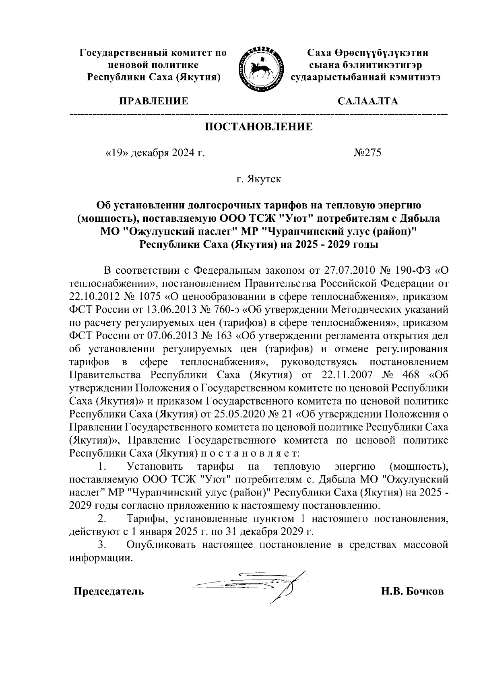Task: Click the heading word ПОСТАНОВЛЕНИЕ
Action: [x=259, y=127]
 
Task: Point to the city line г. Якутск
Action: [x=259, y=179]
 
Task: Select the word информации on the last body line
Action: [x=100, y=559]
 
